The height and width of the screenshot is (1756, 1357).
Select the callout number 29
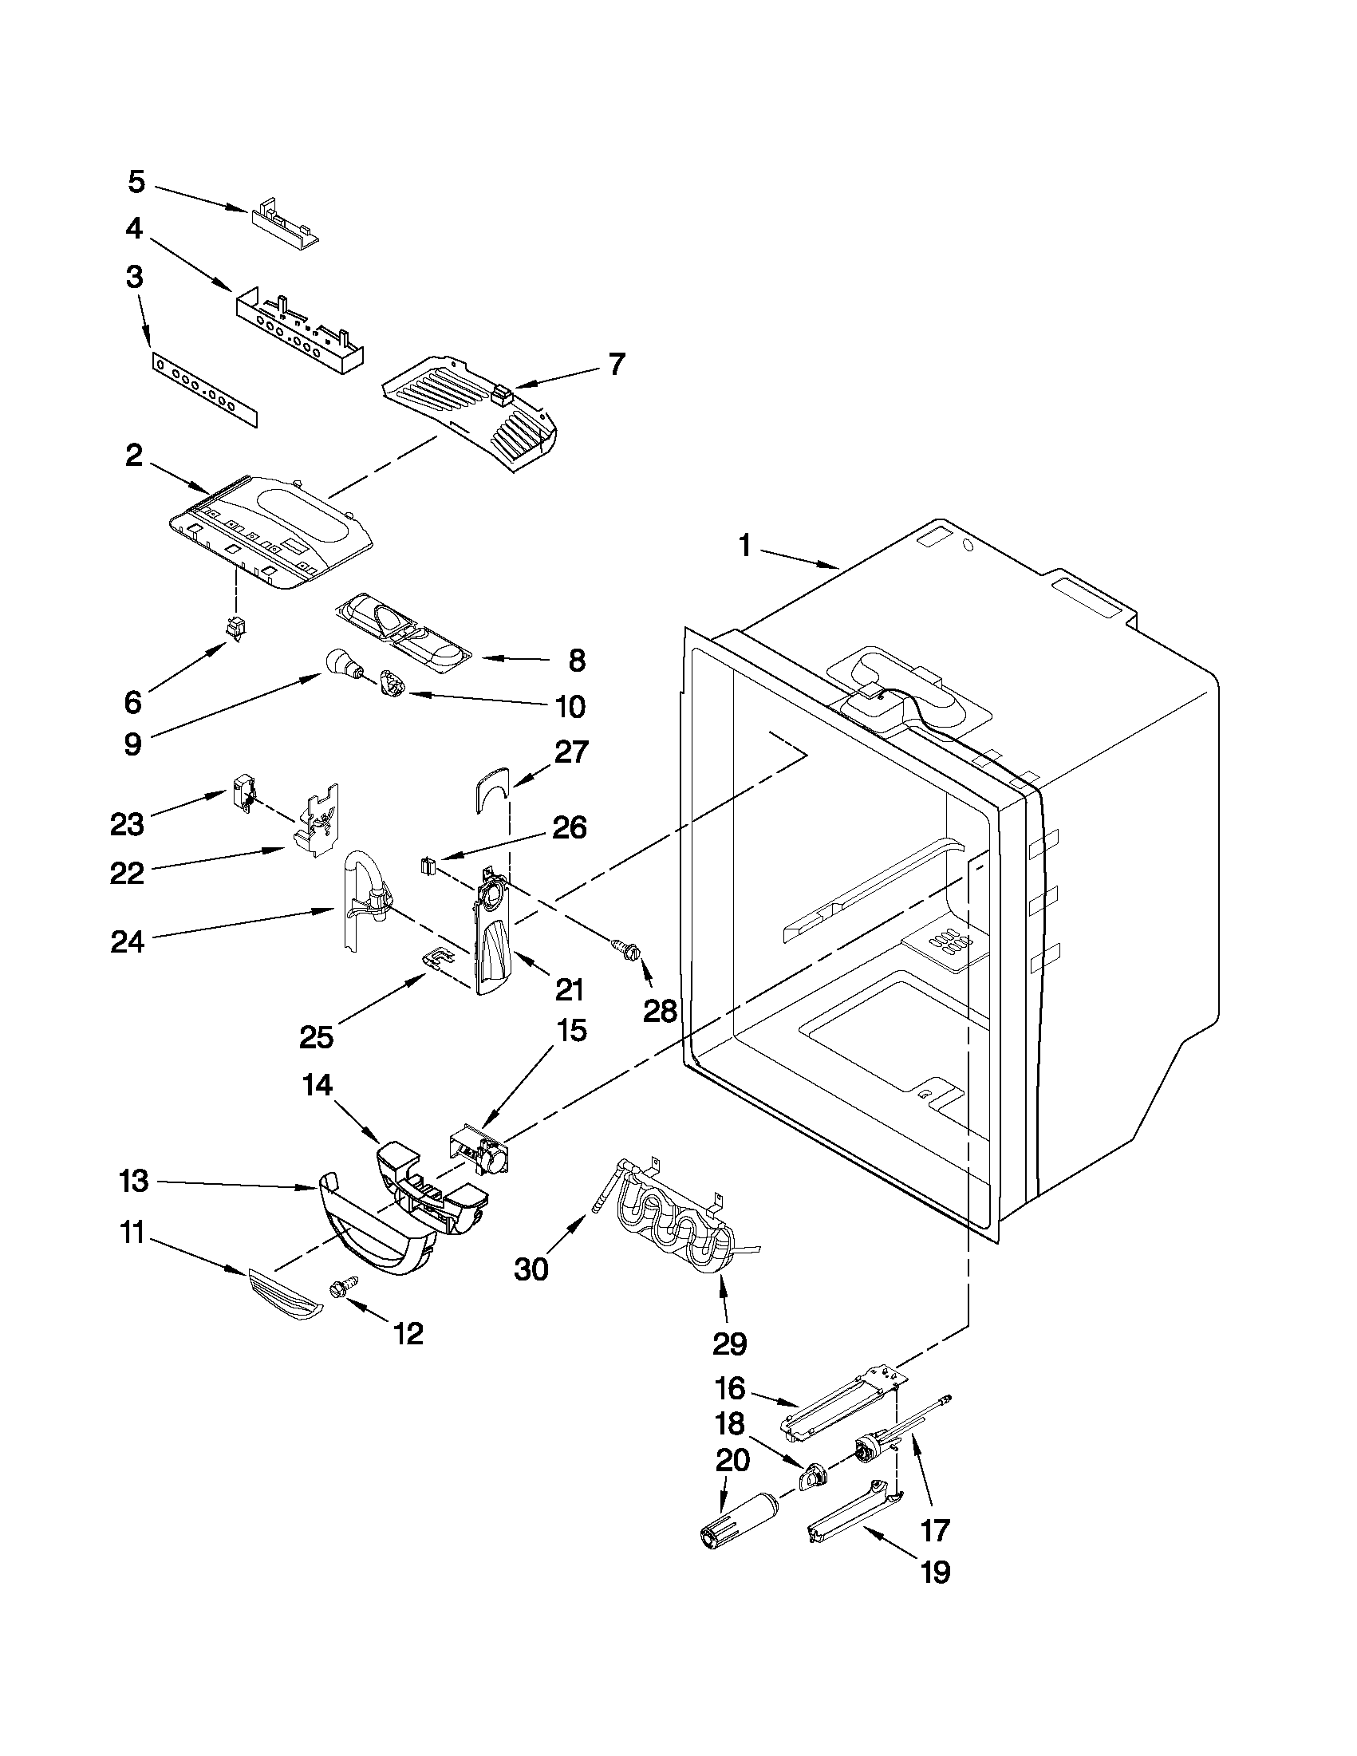click(729, 1343)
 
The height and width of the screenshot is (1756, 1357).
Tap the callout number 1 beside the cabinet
click(744, 547)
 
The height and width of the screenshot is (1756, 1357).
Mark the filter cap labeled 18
click(814, 1475)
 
